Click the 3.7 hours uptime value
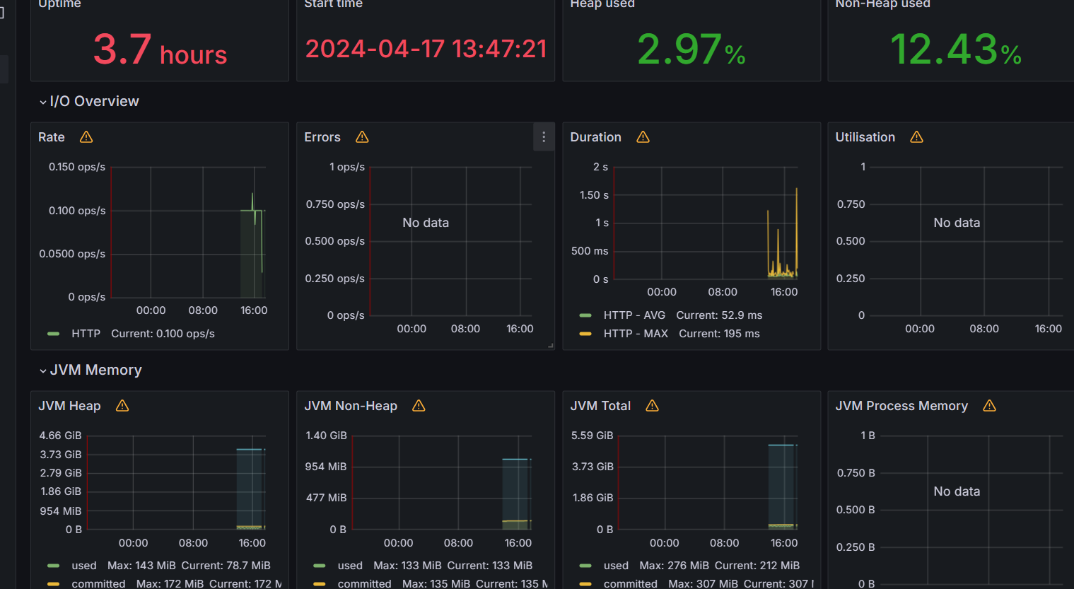[160, 50]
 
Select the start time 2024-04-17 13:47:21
[426, 49]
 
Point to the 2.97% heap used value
[691, 50]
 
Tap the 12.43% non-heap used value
[955, 50]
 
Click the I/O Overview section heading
[94, 101]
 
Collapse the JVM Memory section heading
[95, 370]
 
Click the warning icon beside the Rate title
[86, 137]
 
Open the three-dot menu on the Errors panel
[543, 137]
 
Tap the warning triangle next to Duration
[643, 137]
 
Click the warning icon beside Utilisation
[916, 137]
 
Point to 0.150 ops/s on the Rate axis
[76, 167]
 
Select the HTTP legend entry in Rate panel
[86, 334]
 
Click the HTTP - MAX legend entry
[635, 334]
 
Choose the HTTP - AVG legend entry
[634, 315]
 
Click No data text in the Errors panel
[426, 223]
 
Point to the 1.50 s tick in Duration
[594, 195]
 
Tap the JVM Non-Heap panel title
[351, 406]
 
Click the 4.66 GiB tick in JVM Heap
[60, 436]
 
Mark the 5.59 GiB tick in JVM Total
[592, 436]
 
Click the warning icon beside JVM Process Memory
[989, 406]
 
